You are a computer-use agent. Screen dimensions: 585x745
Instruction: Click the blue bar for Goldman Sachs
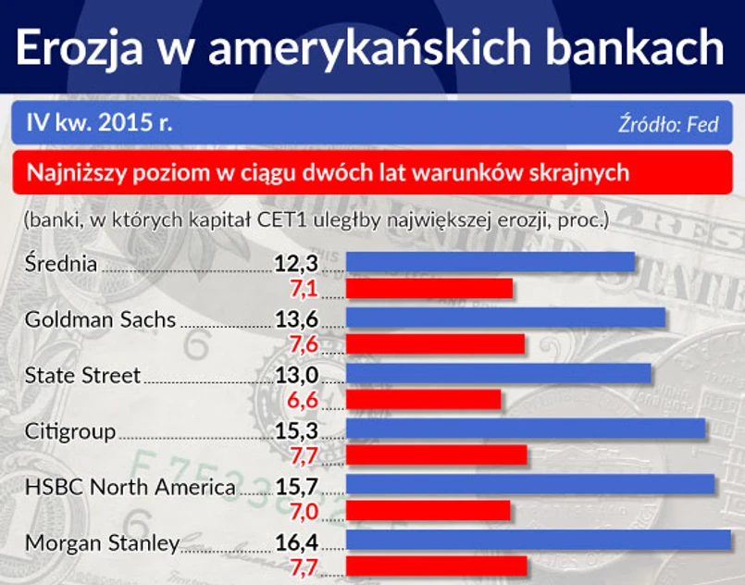pyautogui.click(x=505, y=318)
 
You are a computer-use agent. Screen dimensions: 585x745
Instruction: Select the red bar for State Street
pyautogui.click(x=423, y=399)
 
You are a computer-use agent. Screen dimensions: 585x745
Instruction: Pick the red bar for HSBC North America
pyautogui.click(x=428, y=510)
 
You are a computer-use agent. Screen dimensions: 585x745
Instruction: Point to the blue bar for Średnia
pyautogui.click(x=490, y=263)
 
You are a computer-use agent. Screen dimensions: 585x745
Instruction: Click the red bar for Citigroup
pyautogui.click(x=436, y=454)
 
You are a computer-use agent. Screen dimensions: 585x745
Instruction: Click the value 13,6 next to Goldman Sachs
pyautogui.click(x=296, y=320)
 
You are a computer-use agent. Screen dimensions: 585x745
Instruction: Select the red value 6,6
pyautogui.click(x=304, y=400)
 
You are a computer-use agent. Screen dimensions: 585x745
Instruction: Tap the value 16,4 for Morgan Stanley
pyautogui.click(x=296, y=543)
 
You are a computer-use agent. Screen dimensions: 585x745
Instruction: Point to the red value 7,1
pyautogui.click(x=304, y=289)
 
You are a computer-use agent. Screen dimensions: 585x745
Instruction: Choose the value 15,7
pyautogui.click(x=296, y=488)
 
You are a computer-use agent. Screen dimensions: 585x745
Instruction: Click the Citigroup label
pyautogui.click(x=70, y=432)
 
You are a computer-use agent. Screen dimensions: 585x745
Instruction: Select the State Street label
pyautogui.click(x=82, y=376)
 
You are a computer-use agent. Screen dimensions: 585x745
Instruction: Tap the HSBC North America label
pyautogui.click(x=130, y=488)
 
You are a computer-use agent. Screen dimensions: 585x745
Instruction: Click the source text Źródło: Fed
pyautogui.click(x=668, y=124)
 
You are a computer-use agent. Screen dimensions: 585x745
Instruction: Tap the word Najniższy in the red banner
pyautogui.click(x=75, y=172)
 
